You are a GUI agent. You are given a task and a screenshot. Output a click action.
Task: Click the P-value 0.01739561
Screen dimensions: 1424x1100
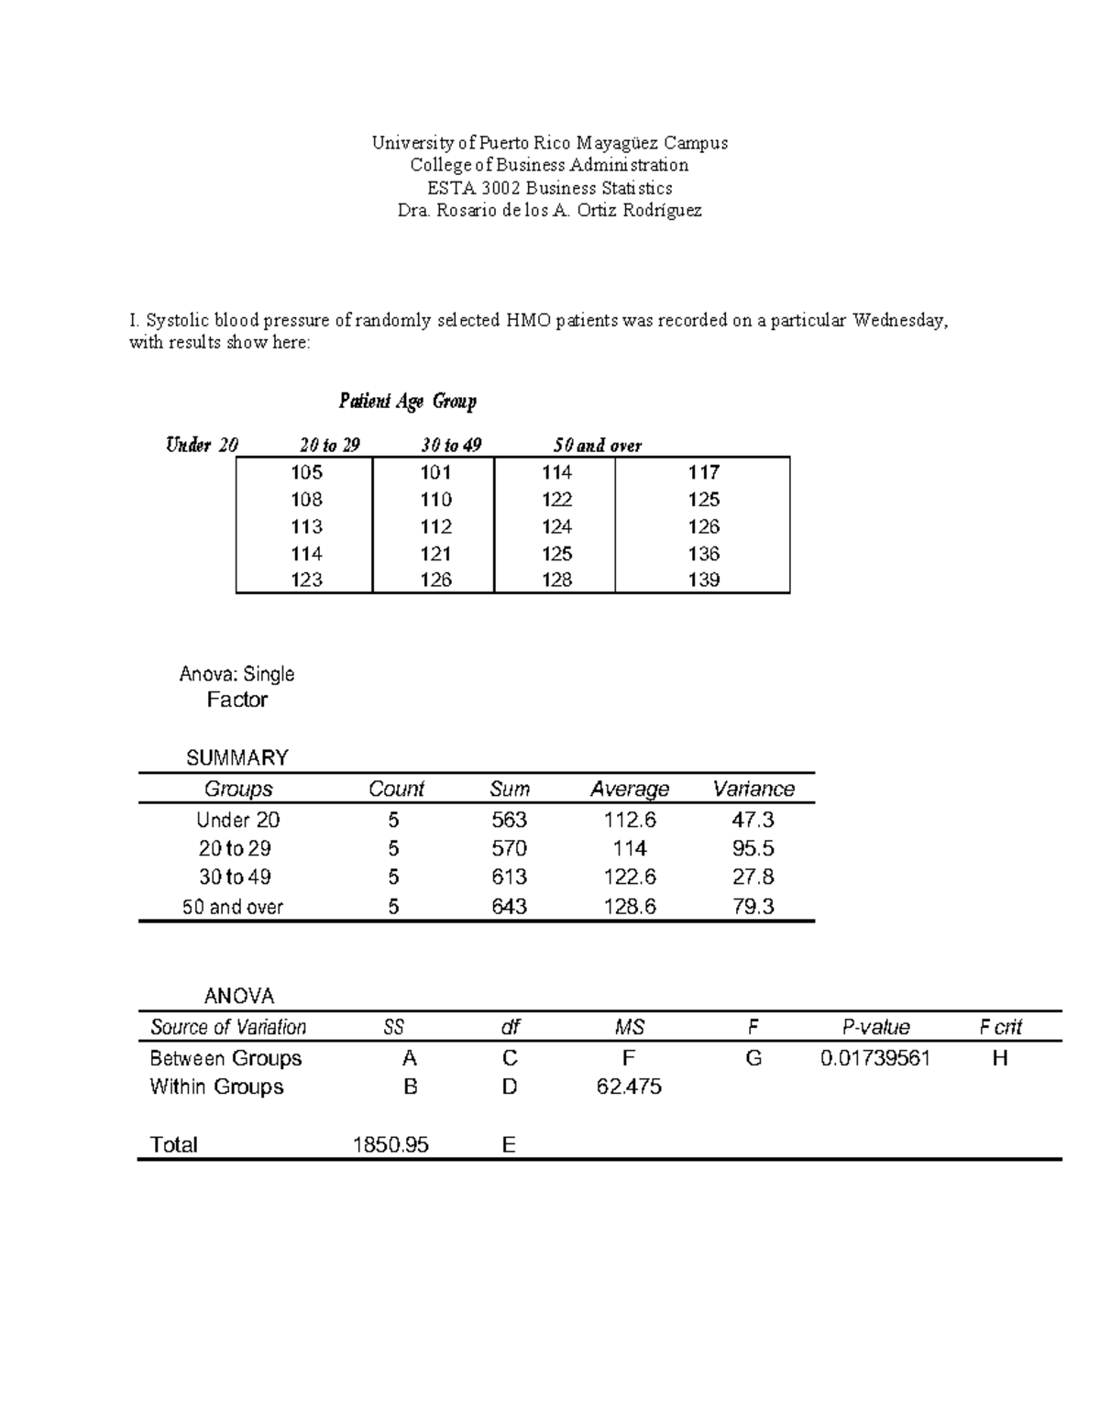pos(875,1058)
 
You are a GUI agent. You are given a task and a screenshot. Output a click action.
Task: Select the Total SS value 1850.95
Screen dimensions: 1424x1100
pos(391,1144)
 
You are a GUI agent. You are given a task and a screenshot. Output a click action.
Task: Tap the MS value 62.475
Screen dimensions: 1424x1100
pos(629,1087)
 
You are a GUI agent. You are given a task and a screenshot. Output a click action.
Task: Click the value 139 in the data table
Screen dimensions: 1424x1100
pos(703,580)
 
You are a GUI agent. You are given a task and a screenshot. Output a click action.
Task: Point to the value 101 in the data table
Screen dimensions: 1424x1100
pos(435,472)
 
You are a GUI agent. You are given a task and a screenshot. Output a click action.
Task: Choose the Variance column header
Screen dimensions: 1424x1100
pos(753,789)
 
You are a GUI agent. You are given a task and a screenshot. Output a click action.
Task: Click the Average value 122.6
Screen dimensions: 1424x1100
pos(630,877)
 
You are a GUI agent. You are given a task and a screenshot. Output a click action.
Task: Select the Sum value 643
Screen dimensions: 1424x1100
pos(509,907)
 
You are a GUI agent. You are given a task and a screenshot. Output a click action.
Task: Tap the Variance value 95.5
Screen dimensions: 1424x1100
pos(753,848)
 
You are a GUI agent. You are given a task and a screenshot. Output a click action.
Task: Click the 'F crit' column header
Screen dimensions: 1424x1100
pos(1000,1027)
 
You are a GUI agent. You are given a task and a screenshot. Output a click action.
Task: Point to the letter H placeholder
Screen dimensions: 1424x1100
pos(1000,1058)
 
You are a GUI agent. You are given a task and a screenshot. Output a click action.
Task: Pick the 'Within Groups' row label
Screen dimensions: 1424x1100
pos(216,1087)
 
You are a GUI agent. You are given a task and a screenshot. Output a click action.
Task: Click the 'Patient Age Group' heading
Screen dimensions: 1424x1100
pos(407,401)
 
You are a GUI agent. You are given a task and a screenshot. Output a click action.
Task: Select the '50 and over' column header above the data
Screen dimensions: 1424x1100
pos(598,446)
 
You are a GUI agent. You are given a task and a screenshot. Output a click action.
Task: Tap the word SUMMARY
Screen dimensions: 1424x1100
pos(236,757)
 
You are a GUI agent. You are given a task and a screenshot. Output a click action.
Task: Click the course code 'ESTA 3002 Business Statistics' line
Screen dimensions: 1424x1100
pos(550,188)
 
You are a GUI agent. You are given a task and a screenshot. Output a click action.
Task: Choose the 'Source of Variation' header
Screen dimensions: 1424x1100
pos(228,1027)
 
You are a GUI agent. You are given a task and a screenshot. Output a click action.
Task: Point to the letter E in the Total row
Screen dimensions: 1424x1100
pos(509,1144)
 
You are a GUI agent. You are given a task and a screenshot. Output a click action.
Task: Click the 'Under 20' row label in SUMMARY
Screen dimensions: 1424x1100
pos(238,820)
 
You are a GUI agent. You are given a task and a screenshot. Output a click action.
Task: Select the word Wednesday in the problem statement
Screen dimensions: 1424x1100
pos(897,320)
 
